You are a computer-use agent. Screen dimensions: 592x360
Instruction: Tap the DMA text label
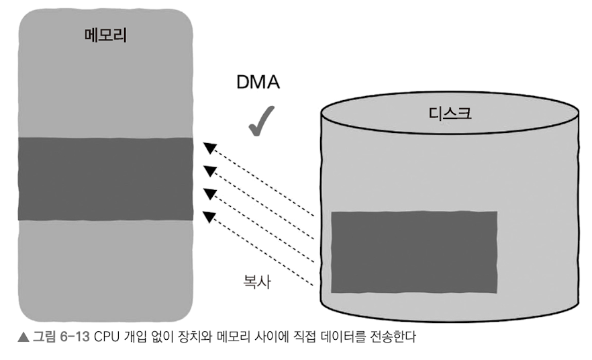click(x=258, y=83)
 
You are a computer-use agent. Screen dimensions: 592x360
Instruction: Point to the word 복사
click(x=258, y=279)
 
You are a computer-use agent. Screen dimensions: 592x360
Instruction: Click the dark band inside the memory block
click(x=106, y=179)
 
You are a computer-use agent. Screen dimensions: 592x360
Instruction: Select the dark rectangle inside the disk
click(x=414, y=252)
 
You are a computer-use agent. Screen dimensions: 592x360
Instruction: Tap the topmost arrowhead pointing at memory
click(x=210, y=147)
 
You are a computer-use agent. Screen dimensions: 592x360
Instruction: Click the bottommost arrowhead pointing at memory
click(x=210, y=216)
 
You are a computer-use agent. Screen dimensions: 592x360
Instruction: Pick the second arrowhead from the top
click(x=210, y=171)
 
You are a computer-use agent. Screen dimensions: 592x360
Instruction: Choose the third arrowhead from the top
click(x=210, y=194)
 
